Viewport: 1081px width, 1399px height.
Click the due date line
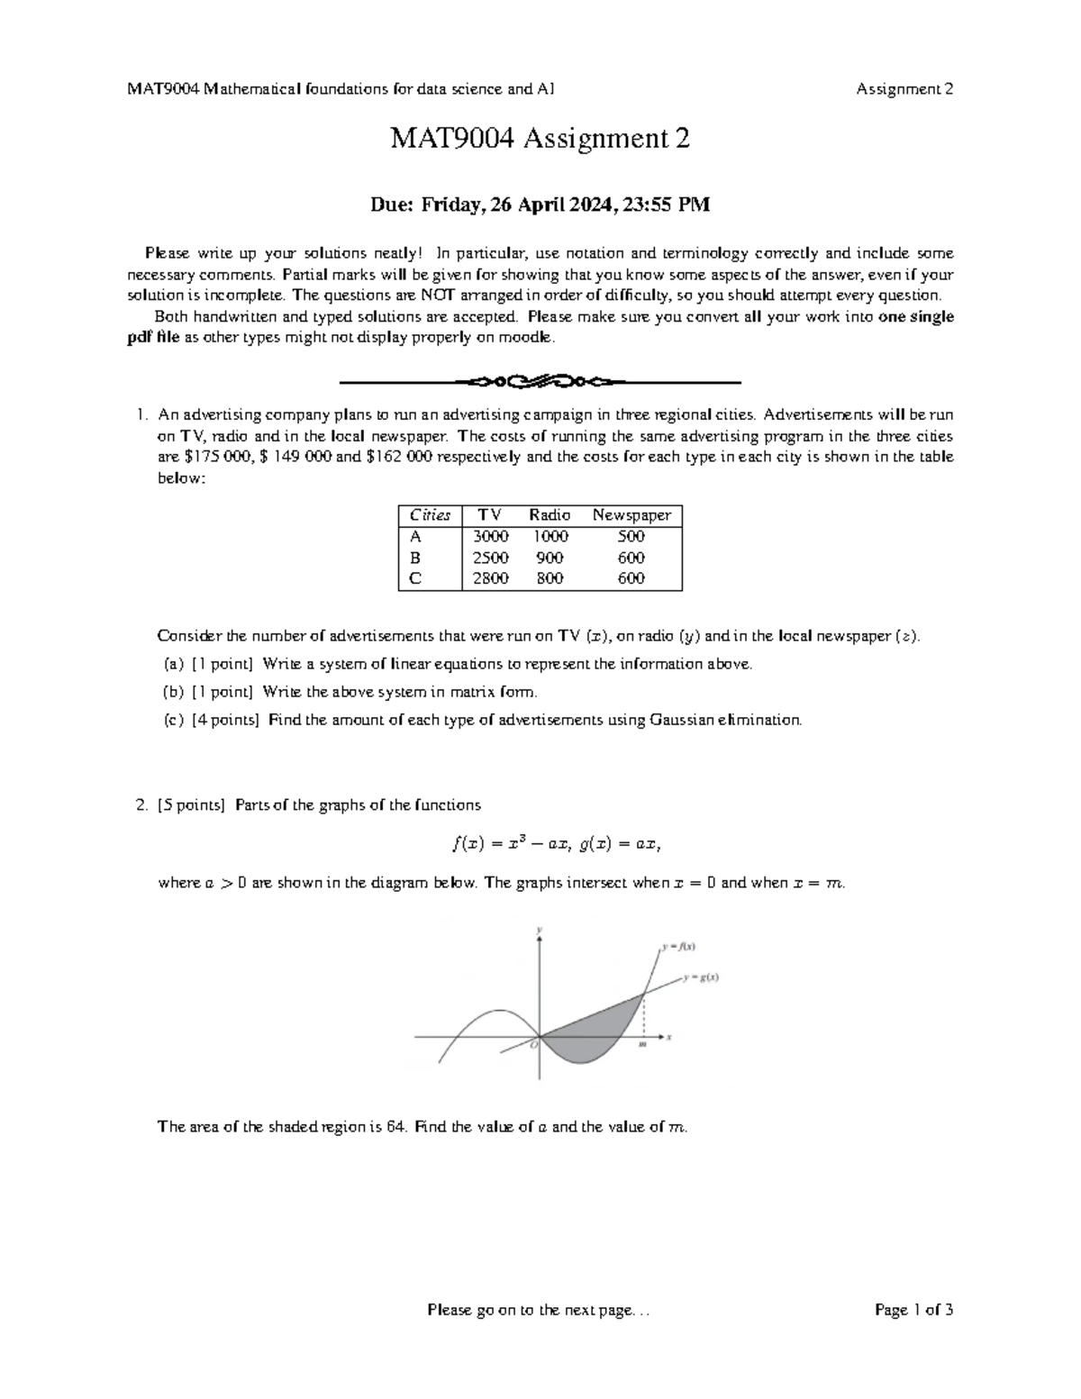pyautogui.click(x=540, y=205)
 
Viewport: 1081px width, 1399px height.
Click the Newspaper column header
pyautogui.click(x=631, y=515)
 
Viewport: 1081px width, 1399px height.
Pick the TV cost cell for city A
pyautogui.click(x=491, y=537)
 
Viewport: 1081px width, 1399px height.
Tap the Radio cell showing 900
pyautogui.click(x=550, y=558)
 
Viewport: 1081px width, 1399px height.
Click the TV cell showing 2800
pyautogui.click(x=491, y=578)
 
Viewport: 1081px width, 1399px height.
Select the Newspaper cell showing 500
pyautogui.click(x=631, y=537)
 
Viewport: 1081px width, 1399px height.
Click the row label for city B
pyautogui.click(x=415, y=558)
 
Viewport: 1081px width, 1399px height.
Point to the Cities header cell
pyautogui.click(x=430, y=515)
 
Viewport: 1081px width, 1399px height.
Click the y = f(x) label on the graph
pyautogui.click(x=678, y=947)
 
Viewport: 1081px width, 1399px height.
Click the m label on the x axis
pyautogui.click(x=642, y=1045)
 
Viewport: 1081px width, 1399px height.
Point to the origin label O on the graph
pyautogui.click(x=532, y=1044)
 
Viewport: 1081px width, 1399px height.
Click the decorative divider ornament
pyautogui.click(x=540, y=382)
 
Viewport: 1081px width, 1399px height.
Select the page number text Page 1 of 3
pyautogui.click(x=913, y=1310)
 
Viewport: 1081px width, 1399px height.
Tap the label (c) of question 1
pyautogui.click(x=174, y=720)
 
